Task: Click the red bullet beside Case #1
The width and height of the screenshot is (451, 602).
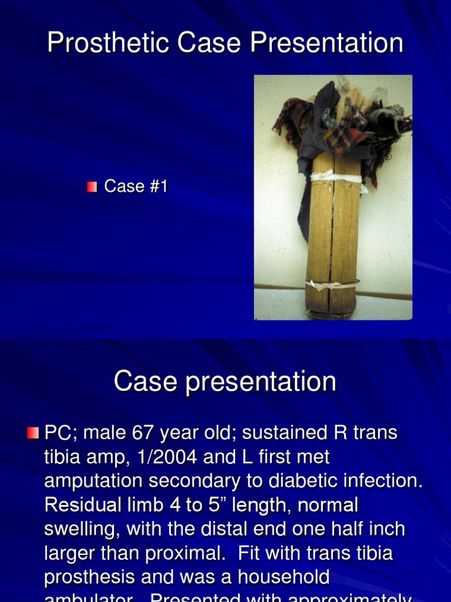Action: [x=92, y=187]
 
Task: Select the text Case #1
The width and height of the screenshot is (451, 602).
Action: [x=136, y=187]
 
